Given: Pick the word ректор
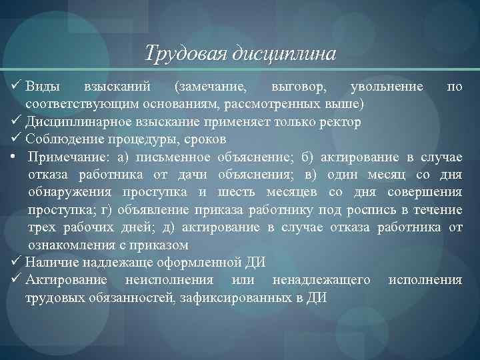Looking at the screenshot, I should (342, 123).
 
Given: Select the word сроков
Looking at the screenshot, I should (205, 140).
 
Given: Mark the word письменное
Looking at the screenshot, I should (173, 157).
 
